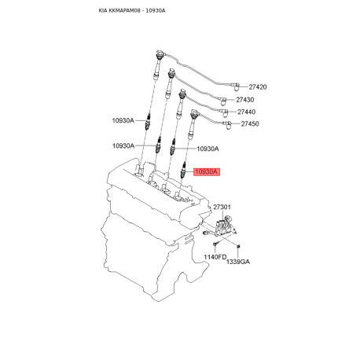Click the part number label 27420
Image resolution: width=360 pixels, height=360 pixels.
[259, 86]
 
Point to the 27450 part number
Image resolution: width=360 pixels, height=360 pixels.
[250, 124]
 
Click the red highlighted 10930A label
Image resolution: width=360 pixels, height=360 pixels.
[206, 171]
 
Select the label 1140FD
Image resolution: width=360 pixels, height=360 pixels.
[215, 258]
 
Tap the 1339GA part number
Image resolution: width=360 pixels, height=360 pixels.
[237, 262]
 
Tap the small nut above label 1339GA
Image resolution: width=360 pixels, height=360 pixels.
[237, 249]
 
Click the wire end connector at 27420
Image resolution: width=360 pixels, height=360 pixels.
[237, 86]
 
